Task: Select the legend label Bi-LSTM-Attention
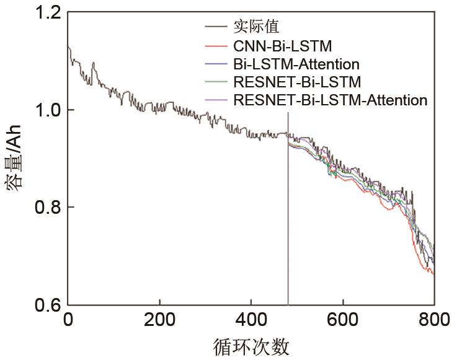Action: pos(296,63)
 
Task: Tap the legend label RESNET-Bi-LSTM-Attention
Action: pos(330,100)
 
